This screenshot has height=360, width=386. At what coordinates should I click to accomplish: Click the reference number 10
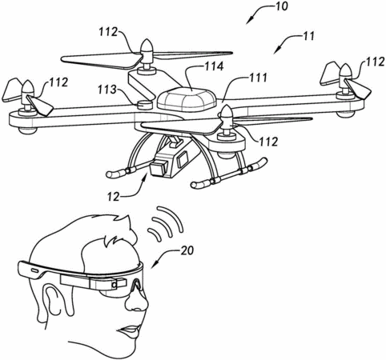coord(280,6)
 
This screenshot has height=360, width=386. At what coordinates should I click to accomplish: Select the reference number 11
coord(309,36)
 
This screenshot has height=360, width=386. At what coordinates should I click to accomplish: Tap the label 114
coord(214,66)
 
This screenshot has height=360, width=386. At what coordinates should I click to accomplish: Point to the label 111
coord(258,78)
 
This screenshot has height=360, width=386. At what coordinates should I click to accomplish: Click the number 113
coord(107,90)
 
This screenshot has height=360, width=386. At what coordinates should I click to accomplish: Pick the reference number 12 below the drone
coord(113,197)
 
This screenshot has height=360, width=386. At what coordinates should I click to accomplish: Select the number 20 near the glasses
coord(187,250)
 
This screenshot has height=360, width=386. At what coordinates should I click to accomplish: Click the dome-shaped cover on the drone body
coord(186,100)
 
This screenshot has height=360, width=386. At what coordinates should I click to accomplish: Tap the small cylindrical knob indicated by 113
coord(144,104)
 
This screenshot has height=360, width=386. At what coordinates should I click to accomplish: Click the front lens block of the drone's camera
coord(158,168)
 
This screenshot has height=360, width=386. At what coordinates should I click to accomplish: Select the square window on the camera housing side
coord(183,159)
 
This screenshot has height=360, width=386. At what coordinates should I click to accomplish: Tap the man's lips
coord(131,330)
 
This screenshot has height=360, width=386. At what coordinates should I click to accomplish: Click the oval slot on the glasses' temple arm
coord(34,270)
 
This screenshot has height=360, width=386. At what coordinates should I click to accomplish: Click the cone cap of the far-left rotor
coord(26,86)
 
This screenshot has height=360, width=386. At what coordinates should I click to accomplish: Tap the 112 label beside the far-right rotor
coord(376,62)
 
